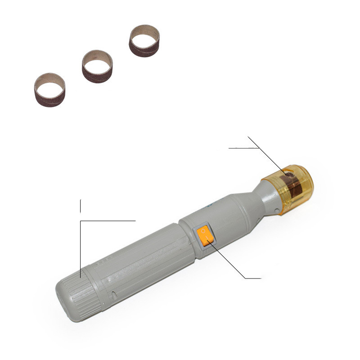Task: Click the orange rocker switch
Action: click(205, 235)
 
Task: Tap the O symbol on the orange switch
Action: click(203, 231)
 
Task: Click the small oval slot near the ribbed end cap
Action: click(114, 296)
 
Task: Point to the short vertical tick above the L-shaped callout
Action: click(81, 205)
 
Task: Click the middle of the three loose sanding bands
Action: click(97, 66)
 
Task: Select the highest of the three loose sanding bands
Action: click(144, 40)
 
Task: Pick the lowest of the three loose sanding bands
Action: click(49, 90)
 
